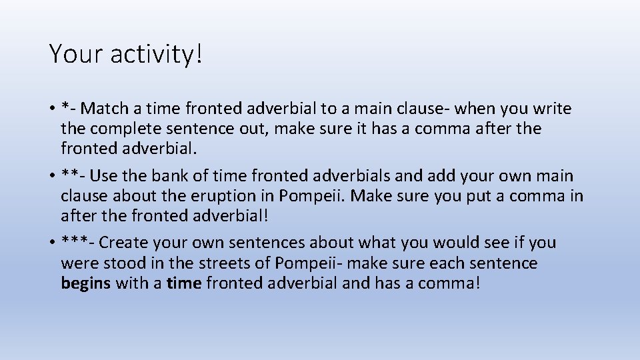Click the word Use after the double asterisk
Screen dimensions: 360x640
[x=103, y=176]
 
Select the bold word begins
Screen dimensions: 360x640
[x=86, y=283]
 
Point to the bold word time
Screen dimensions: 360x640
[x=184, y=283]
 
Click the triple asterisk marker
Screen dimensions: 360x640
[x=75, y=242]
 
